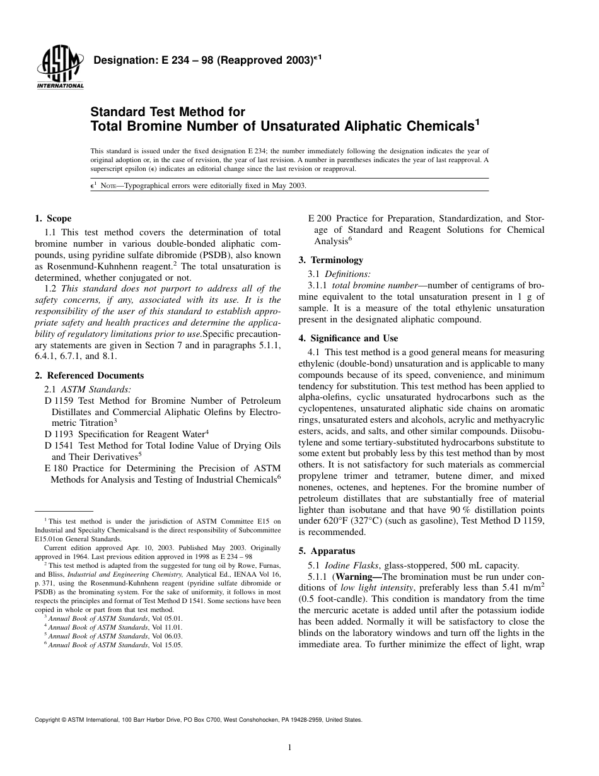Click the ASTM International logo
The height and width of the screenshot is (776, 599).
tap(60, 68)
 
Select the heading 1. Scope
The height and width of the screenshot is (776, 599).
tap(53, 219)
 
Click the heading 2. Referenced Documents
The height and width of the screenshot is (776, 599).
tap(89, 376)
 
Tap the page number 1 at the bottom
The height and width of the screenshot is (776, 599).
tap(289, 748)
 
